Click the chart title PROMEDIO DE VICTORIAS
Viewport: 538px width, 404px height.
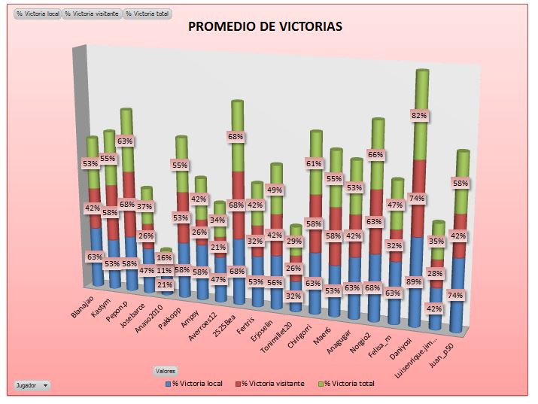(265, 26)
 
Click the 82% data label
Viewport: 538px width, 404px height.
(419, 115)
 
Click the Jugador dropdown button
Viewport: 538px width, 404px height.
(32, 385)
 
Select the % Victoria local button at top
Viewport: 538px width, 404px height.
(37, 14)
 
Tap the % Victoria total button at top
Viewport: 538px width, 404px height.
(147, 14)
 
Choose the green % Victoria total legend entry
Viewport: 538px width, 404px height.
(347, 384)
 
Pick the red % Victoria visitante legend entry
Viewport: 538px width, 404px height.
(272, 384)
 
